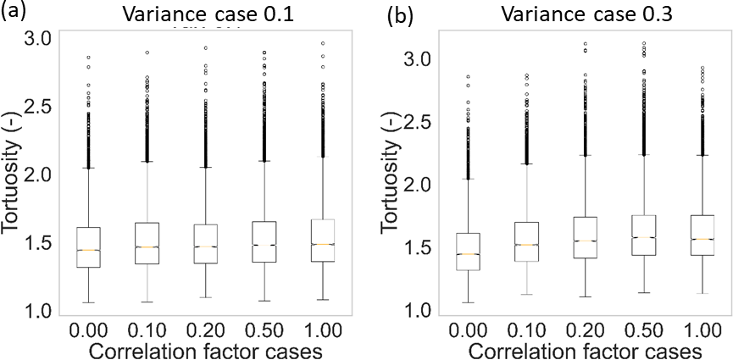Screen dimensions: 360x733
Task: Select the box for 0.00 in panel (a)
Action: (x=89, y=247)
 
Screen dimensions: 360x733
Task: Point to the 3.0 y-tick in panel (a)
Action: (x=33, y=38)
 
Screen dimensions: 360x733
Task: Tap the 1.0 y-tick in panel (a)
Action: (x=33, y=312)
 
